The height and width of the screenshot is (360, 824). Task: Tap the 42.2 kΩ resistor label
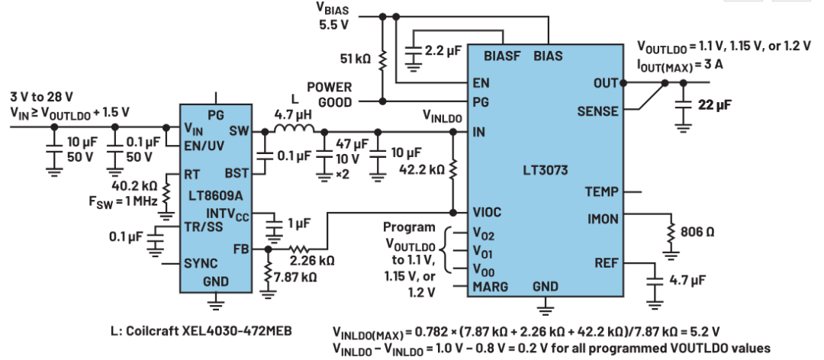click(x=422, y=169)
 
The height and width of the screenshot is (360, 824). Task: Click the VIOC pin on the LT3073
click(x=489, y=212)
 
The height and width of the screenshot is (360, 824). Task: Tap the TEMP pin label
click(x=600, y=191)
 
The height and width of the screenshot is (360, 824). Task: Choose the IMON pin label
click(x=600, y=217)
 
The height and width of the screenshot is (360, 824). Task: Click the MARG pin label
click(x=491, y=286)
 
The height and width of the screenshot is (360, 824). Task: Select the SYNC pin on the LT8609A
click(x=201, y=263)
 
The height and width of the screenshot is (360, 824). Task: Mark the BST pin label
click(x=237, y=174)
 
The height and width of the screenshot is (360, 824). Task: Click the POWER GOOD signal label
click(x=328, y=94)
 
